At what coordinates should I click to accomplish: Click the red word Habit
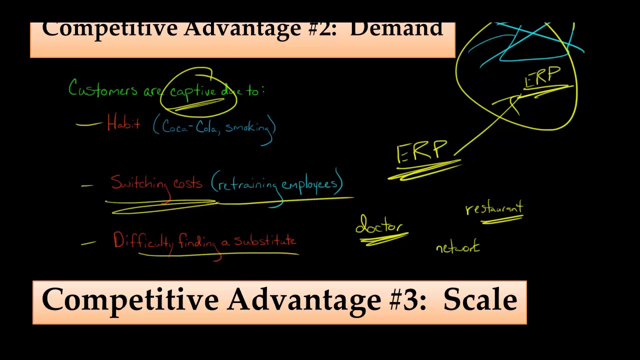(123, 123)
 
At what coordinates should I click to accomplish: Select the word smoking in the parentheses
(247, 127)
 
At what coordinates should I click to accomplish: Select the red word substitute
(265, 241)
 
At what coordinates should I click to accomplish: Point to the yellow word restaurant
(494, 208)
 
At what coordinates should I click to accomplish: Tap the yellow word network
(457, 247)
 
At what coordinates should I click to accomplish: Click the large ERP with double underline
(421, 152)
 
